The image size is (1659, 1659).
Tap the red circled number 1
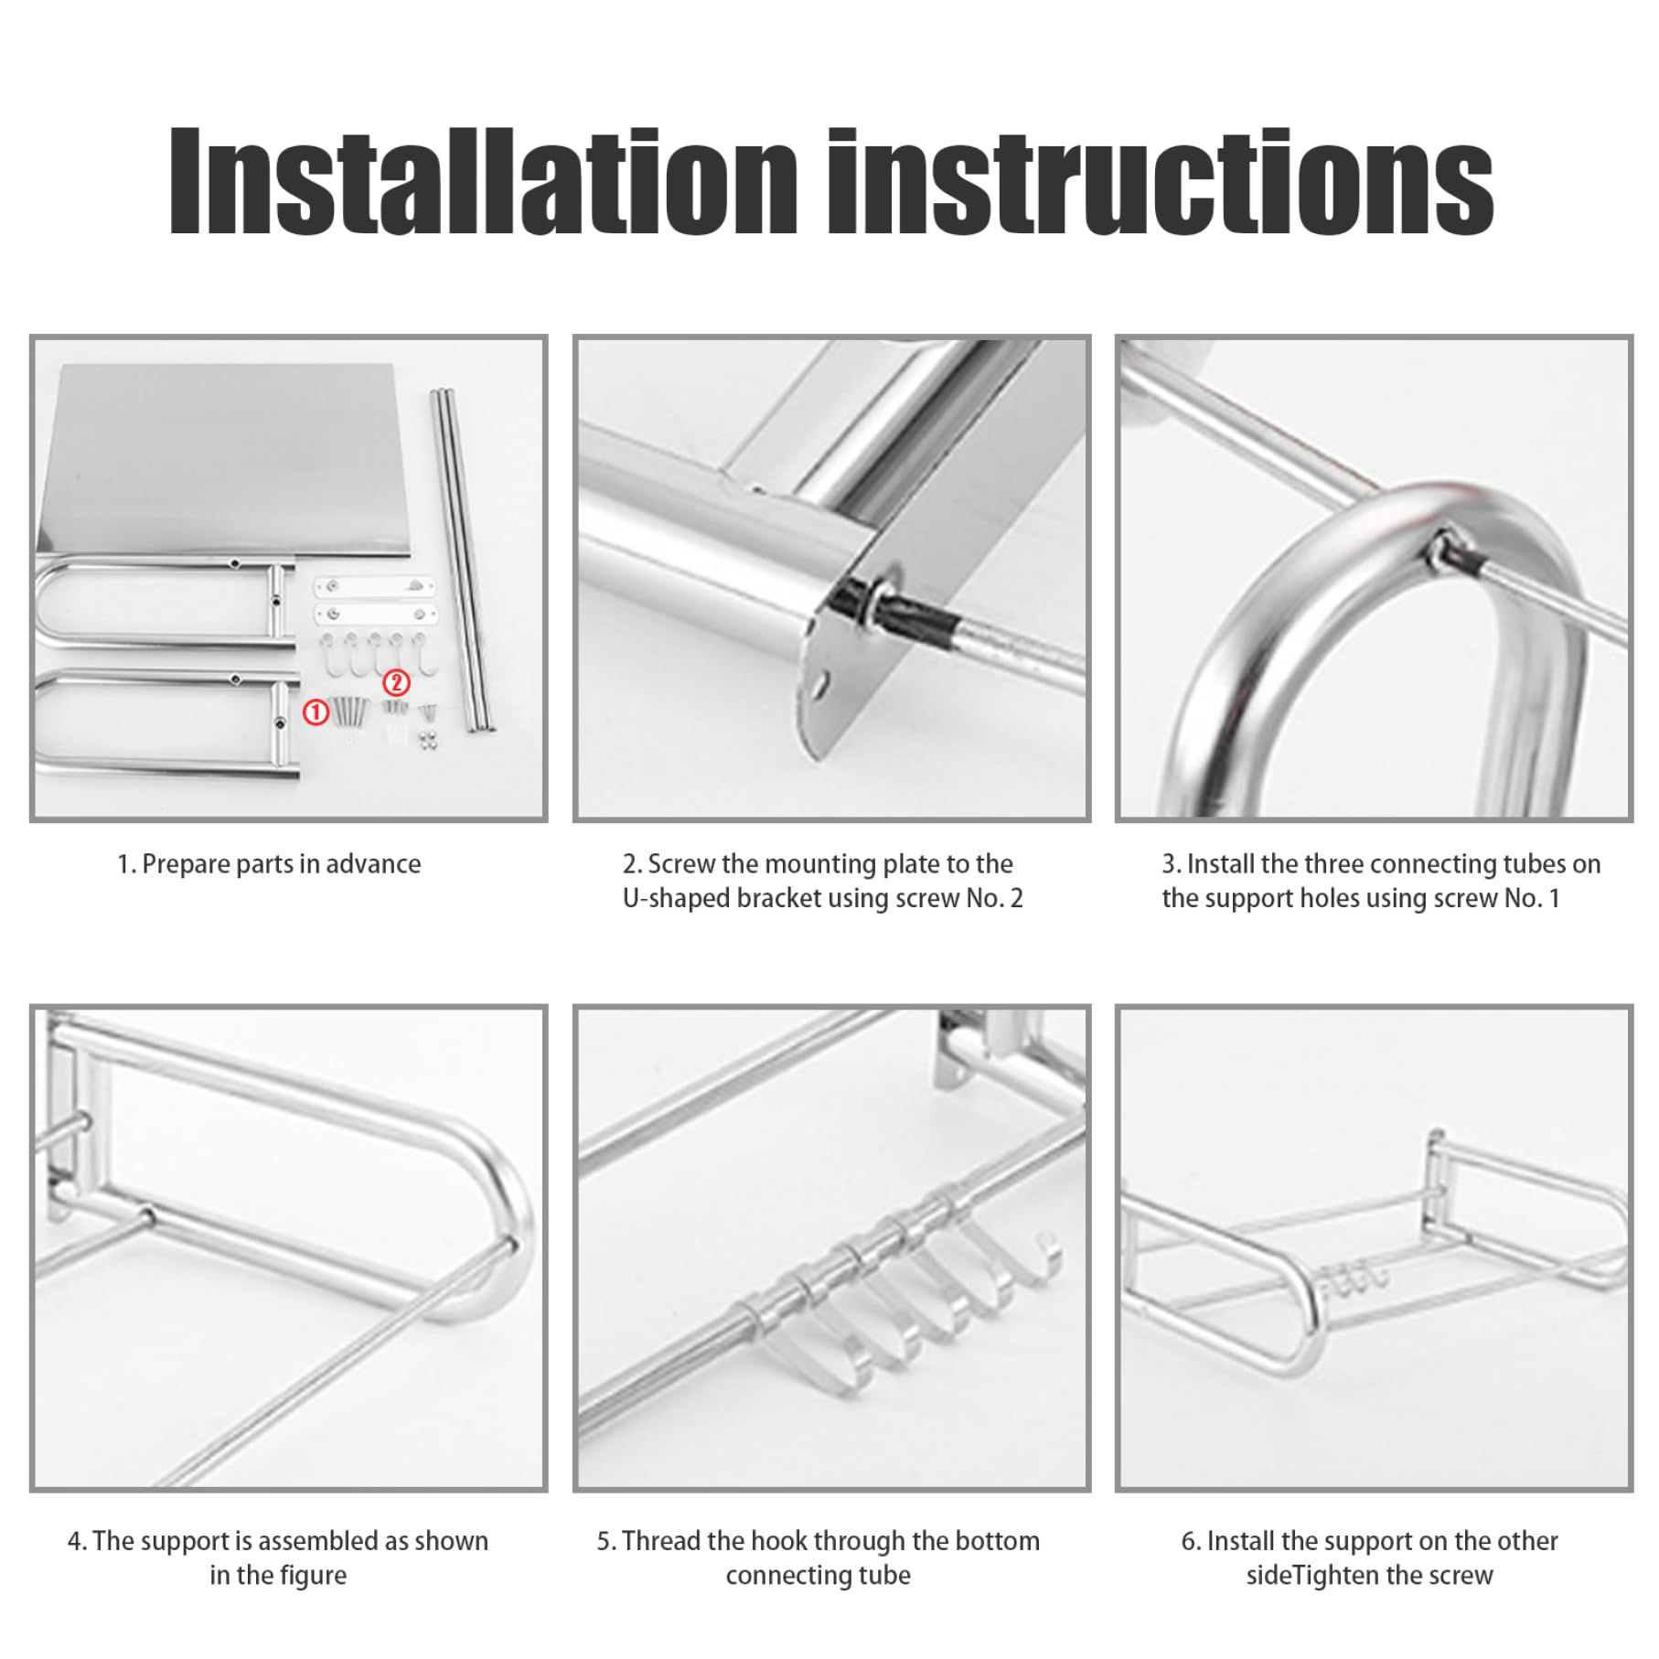coord(316,712)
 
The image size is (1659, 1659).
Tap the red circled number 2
coord(396,683)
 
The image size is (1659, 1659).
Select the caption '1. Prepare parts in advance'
coord(269,864)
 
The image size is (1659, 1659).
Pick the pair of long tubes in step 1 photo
coord(464,560)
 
